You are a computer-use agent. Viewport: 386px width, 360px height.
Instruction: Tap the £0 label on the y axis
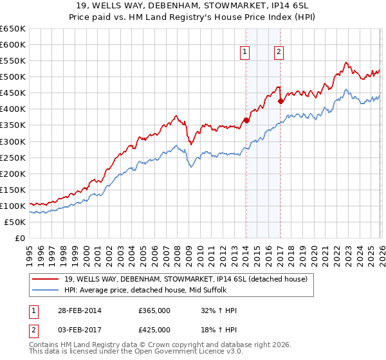(20, 239)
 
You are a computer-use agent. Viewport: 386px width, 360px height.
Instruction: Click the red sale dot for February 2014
(246, 120)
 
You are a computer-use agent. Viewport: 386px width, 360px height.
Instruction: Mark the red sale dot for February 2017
(280, 101)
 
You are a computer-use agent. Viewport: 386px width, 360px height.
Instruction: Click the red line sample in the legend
(46, 279)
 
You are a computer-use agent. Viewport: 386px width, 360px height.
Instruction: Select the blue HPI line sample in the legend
(46, 290)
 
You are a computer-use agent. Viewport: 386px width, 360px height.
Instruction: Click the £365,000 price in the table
(154, 310)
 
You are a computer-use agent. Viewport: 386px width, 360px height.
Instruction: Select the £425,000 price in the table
(154, 330)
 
